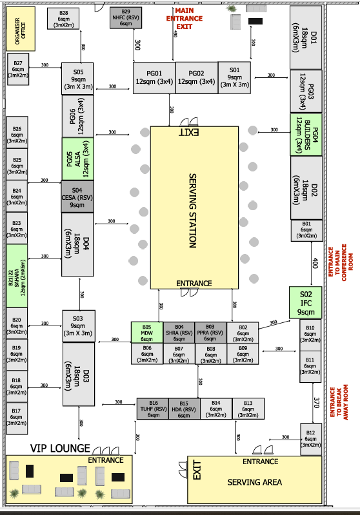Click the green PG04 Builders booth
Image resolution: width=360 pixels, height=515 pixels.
point(305,134)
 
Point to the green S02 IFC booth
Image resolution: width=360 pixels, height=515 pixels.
point(305,303)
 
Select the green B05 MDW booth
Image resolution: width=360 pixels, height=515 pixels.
point(146,333)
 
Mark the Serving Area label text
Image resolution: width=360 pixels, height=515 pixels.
point(254,482)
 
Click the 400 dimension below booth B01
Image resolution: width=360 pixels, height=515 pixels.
point(315,264)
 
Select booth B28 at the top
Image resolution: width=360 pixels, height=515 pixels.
point(63,19)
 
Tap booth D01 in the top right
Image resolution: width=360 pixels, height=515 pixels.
point(305,37)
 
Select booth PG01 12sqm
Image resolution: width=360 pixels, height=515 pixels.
point(154,78)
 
